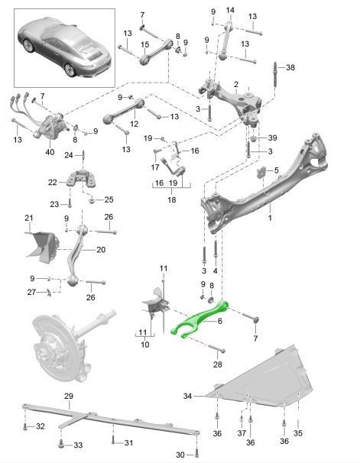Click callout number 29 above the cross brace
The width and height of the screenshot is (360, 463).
(68, 396)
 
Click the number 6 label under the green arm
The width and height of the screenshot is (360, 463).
(219, 321)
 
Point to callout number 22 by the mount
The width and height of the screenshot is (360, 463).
(52, 183)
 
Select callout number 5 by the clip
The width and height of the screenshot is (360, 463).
(277, 169)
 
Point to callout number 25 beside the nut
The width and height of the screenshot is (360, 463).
(109, 199)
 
